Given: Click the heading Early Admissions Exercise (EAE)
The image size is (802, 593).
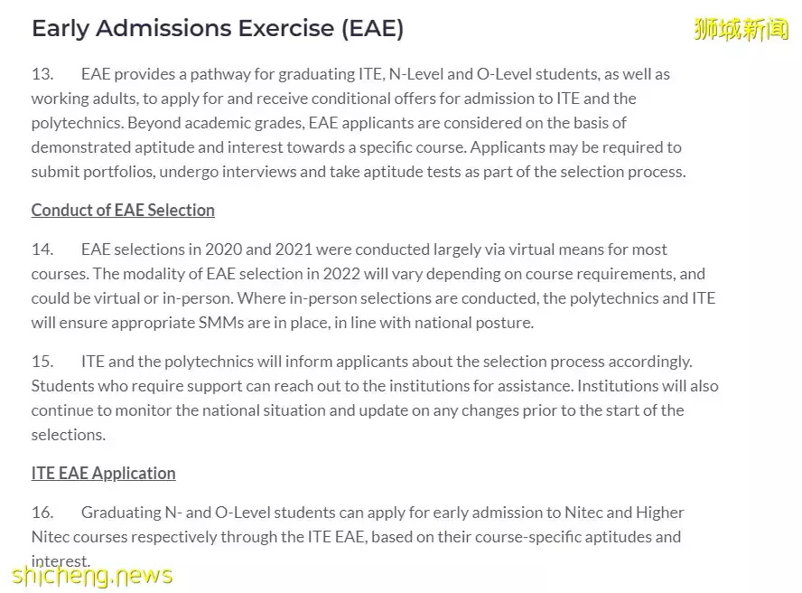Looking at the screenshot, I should [217, 29].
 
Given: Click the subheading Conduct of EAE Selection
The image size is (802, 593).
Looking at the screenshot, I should [123, 211].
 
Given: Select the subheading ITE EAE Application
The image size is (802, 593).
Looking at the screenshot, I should [103, 474].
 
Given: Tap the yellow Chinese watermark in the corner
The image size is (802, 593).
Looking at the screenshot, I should [741, 29].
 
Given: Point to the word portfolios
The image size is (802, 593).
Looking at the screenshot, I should [116, 172].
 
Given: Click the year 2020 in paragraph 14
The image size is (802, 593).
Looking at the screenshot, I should [223, 249].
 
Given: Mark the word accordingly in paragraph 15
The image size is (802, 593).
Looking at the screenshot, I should [650, 362].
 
